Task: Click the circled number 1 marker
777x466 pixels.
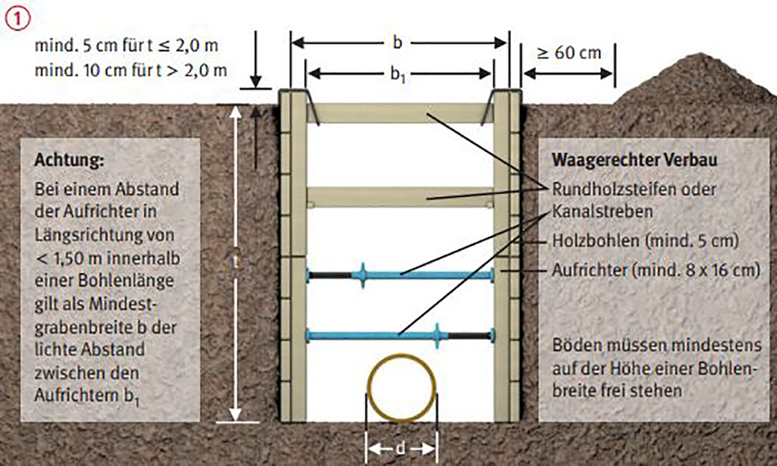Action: click(18, 19)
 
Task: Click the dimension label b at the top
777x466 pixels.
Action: click(397, 43)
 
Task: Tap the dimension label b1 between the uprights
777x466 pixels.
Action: click(398, 75)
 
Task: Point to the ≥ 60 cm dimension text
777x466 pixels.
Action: click(569, 53)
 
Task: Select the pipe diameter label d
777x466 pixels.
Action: click(400, 449)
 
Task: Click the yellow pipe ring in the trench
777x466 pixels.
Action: click(402, 355)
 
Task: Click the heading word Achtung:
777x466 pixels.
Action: click(69, 161)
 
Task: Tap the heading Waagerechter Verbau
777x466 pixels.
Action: click(634, 160)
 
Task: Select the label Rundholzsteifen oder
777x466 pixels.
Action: click(634, 189)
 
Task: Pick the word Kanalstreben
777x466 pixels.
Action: click(602, 211)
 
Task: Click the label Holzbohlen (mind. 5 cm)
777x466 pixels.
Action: click(645, 241)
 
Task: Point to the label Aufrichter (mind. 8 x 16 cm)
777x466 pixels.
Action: click(656, 270)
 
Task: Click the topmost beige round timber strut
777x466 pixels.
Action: click(400, 113)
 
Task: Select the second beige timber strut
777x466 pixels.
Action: click(400, 197)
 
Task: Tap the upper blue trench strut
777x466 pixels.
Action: click(400, 275)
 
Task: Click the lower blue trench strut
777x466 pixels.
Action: click(400, 336)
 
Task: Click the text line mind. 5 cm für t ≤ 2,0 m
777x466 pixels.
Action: click(127, 46)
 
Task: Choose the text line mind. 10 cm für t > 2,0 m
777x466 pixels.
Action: click(131, 71)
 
